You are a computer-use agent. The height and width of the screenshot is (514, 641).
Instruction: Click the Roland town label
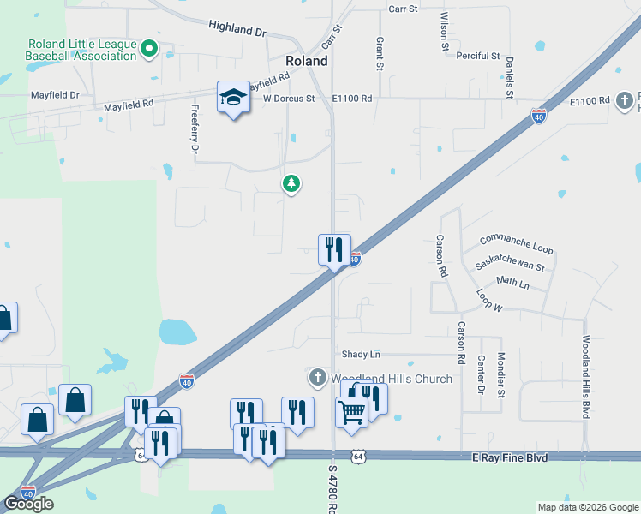pos(306,61)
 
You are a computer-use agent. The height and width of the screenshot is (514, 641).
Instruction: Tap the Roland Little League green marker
pos(148,49)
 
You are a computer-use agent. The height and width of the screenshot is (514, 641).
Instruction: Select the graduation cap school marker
pos(233,99)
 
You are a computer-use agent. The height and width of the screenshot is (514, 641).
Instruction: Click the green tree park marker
pos(291,183)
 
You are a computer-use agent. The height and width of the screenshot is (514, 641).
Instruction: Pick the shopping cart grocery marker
pos(351,413)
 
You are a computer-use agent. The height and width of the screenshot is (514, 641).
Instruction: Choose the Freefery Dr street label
pos(195,128)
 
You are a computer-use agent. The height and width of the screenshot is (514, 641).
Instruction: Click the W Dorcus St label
pos(290,99)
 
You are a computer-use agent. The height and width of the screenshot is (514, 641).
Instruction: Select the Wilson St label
pos(445,31)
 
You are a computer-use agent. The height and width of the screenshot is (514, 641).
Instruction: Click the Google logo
pos(28,504)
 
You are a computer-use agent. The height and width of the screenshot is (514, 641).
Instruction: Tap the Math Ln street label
pos(512,282)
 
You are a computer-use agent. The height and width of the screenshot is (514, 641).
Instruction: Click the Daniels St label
pos(509,76)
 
